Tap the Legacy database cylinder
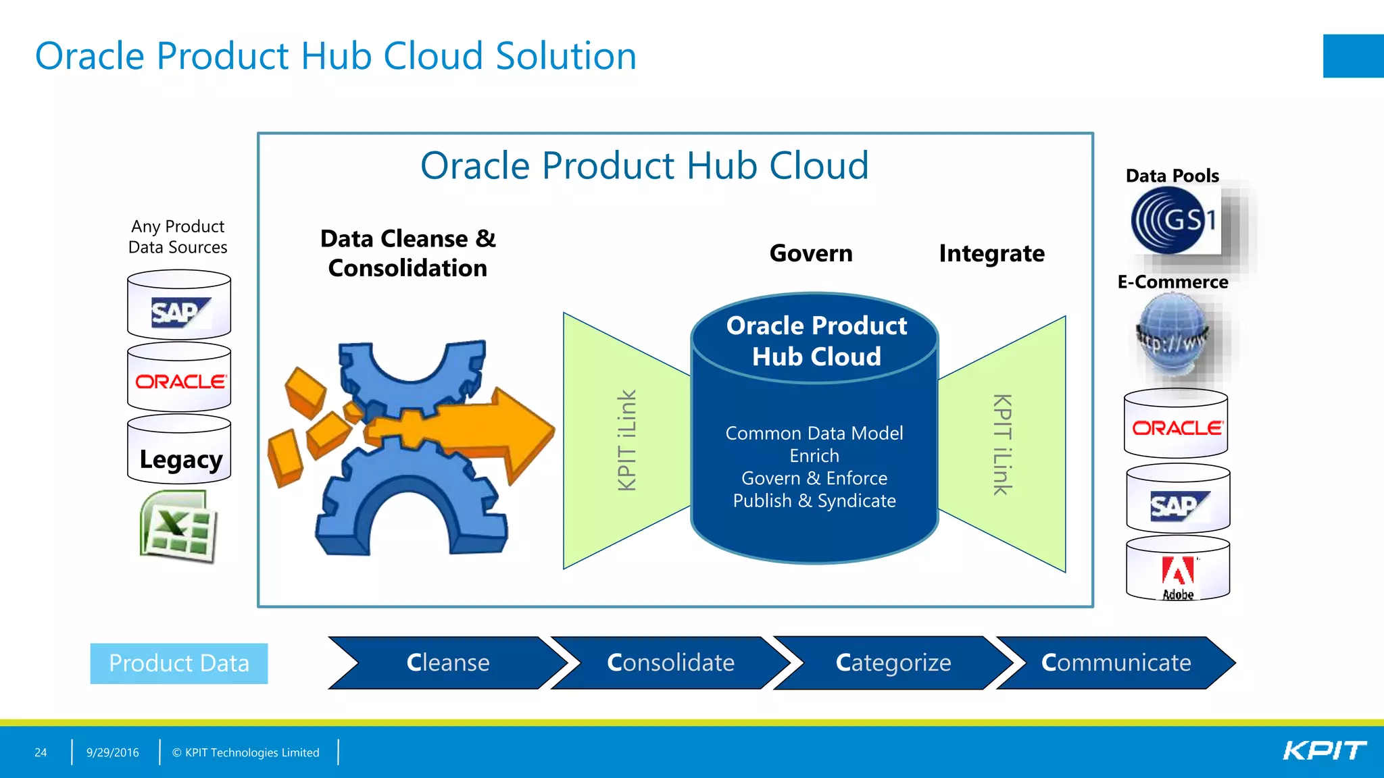[x=180, y=451]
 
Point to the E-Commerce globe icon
[x=1173, y=338]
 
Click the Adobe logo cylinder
[x=1178, y=571]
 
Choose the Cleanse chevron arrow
[x=447, y=663]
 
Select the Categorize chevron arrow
[x=893, y=663]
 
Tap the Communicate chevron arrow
[x=1116, y=663]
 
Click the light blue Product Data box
[x=179, y=663]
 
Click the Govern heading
[x=811, y=253]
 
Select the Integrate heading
[x=991, y=253]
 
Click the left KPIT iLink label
[x=627, y=440]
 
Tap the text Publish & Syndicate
[x=814, y=501]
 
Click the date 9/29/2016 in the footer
[x=112, y=752]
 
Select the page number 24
[x=41, y=752]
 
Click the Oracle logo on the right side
[x=1176, y=427]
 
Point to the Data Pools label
[x=1172, y=176]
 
